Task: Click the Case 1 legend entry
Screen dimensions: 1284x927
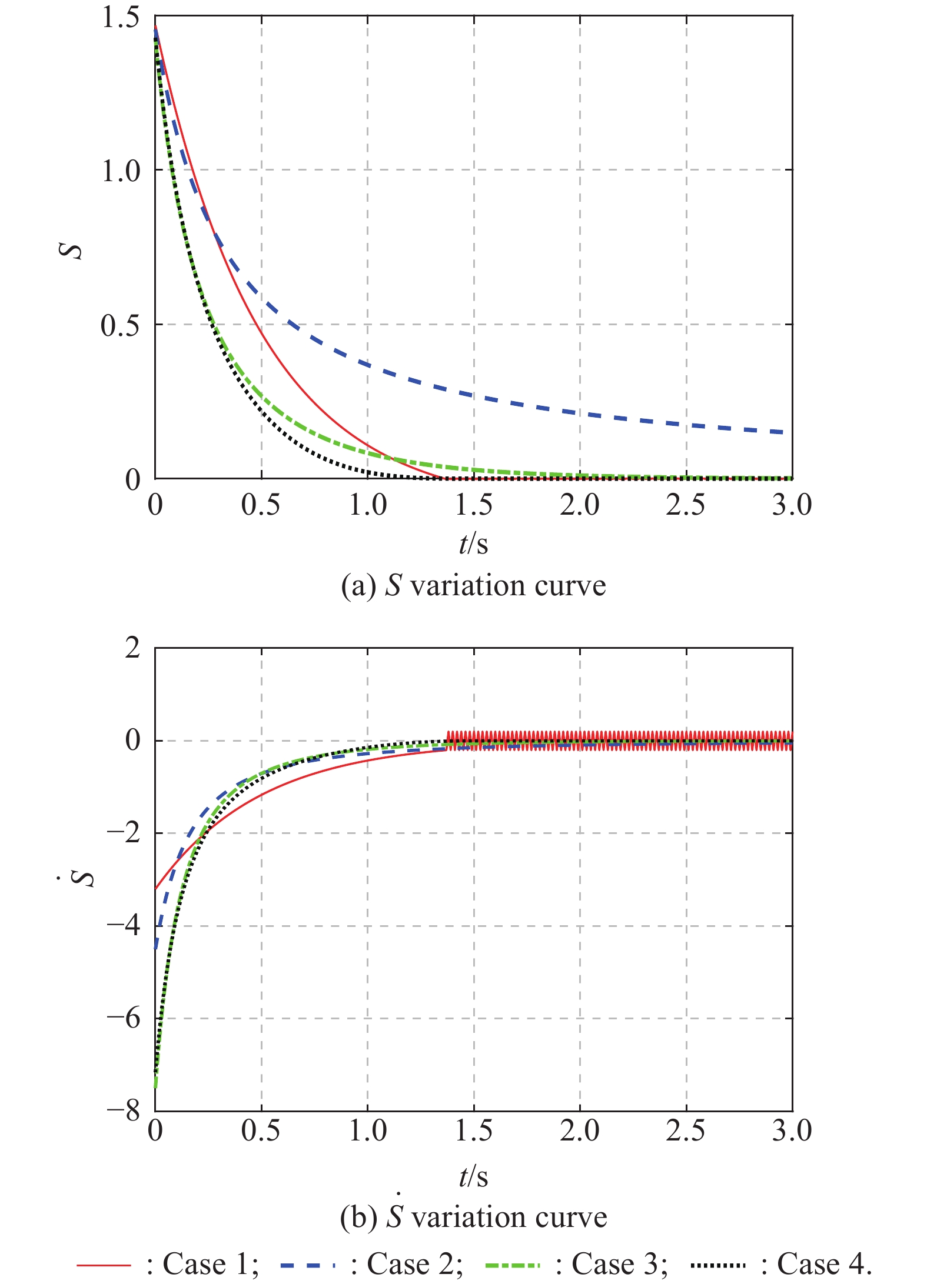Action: click(x=167, y=1264)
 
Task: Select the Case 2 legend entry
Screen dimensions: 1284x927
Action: click(x=371, y=1264)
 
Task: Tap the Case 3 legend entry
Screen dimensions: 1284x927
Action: click(x=577, y=1264)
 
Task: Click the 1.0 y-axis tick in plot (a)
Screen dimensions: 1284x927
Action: click(x=121, y=171)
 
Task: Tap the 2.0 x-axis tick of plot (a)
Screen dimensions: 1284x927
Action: click(x=580, y=505)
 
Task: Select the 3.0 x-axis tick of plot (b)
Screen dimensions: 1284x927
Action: click(x=792, y=1130)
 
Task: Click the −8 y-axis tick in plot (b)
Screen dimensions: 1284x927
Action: click(x=124, y=1110)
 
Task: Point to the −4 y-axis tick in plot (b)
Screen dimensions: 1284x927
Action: click(x=124, y=925)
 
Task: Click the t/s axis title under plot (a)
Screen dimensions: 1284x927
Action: click(x=473, y=544)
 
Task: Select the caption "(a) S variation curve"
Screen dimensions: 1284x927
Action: click(x=473, y=586)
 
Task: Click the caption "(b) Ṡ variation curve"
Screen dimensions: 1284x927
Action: click(x=473, y=1217)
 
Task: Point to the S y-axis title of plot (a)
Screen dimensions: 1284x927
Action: click(x=72, y=250)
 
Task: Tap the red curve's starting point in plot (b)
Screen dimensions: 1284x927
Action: click(x=156, y=889)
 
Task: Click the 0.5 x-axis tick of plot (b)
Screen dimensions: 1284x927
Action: click(x=261, y=1130)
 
